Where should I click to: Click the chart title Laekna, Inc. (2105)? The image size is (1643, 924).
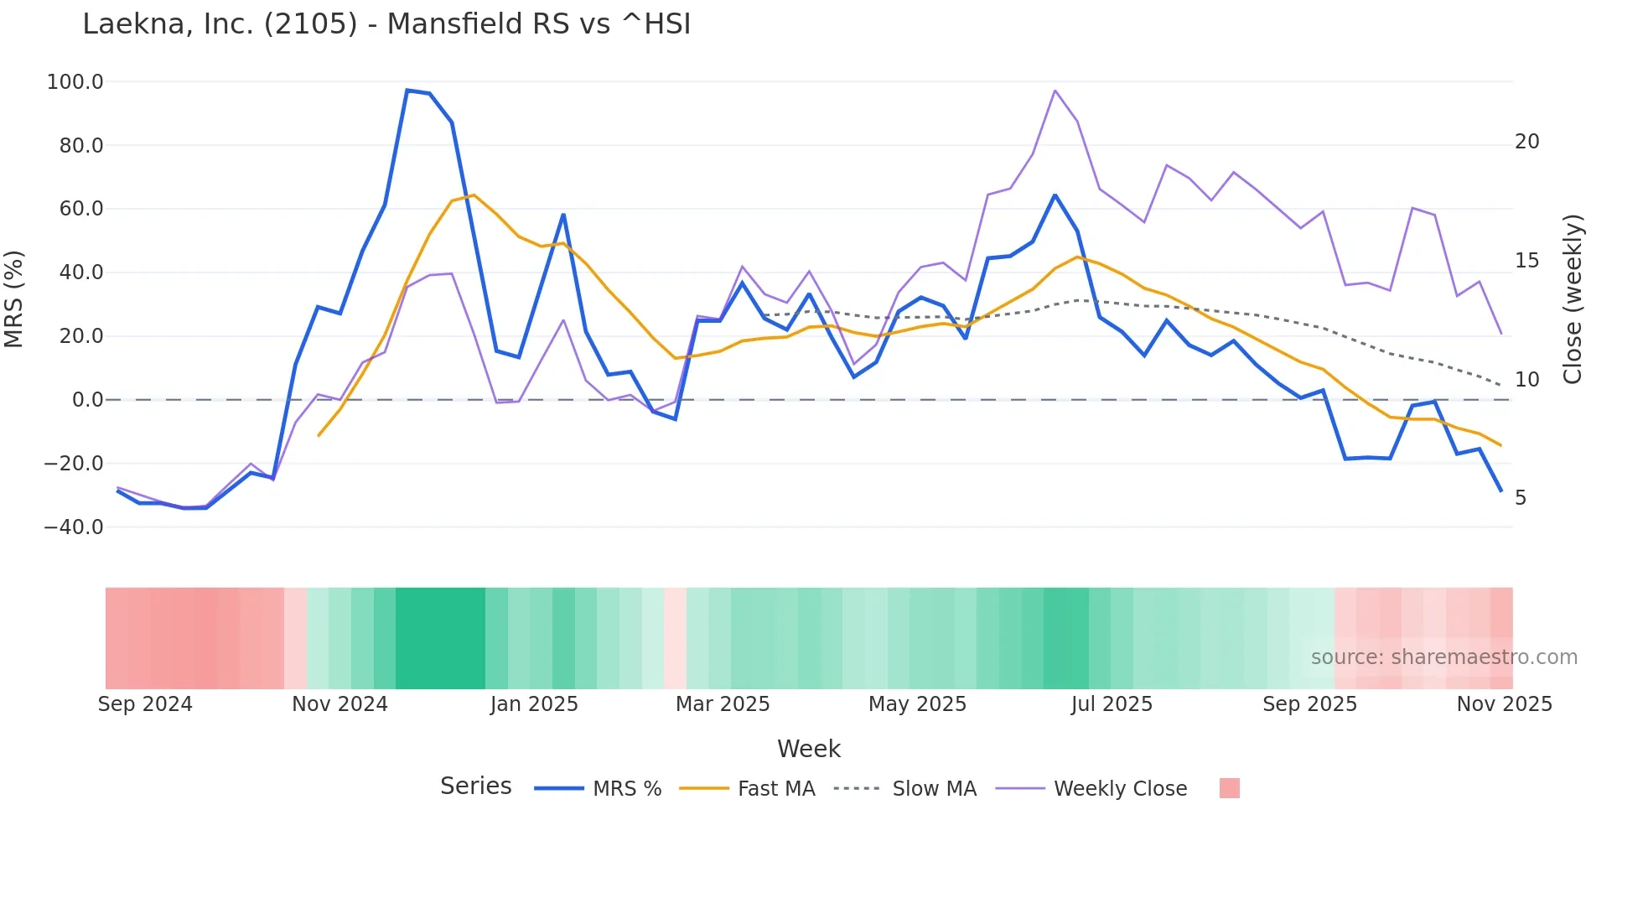click(x=386, y=24)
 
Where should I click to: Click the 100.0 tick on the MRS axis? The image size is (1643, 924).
click(x=75, y=82)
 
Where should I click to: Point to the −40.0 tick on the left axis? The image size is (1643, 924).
click(x=74, y=527)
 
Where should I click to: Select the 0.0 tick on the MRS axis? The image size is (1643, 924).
click(x=87, y=400)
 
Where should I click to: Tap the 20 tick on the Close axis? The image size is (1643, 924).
click(x=1526, y=142)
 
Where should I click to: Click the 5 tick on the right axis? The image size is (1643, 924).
click(x=1521, y=498)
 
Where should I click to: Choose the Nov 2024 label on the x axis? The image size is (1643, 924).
click(x=339, y=704)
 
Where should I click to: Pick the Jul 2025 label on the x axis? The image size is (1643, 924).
click(x=1112, y=704)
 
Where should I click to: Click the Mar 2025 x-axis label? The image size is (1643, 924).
click(x=723, y=704)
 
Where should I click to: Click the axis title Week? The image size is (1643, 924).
click(x=808, y=749)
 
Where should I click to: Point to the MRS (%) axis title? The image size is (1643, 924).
click(x=14, y=298)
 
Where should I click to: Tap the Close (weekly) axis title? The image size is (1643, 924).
click(x=1573, y=299)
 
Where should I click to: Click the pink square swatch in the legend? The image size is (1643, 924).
click(x=1229, y=788)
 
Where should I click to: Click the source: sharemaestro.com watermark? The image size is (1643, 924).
click(x=1443, y=657)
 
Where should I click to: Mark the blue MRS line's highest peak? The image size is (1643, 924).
click(x=407, y=91)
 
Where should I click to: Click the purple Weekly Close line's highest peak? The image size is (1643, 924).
click(x=1055, y=91)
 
